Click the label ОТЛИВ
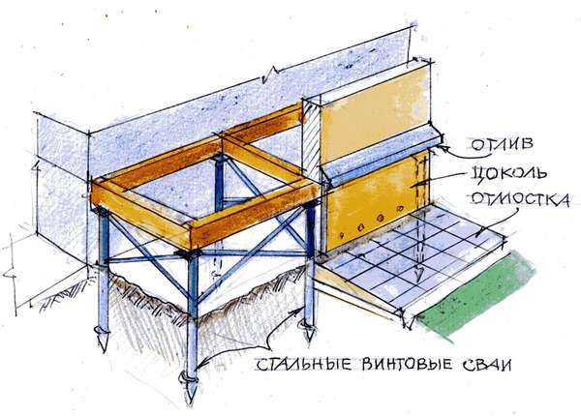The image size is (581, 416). pos(502,144)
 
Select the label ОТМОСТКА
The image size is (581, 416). pos(519,199)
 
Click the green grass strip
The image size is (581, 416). pos(478,294)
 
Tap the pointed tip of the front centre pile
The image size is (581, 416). pos(191,403)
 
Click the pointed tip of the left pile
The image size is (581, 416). pos(103,350)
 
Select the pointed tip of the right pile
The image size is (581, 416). pos(310,343)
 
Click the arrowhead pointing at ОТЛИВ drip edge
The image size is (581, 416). pos(442,147)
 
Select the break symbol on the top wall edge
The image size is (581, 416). pos(272,74)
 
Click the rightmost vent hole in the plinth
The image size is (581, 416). pos(399,209)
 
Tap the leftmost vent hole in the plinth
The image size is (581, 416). pos(341,235)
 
